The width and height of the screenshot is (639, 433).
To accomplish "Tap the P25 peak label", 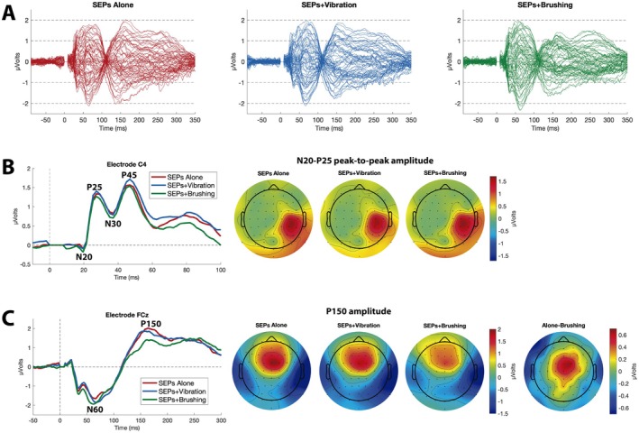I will coord(95,187).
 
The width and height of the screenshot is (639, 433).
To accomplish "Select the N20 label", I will coord(85,256).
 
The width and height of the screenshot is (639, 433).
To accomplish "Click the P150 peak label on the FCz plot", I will coord(151,324).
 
